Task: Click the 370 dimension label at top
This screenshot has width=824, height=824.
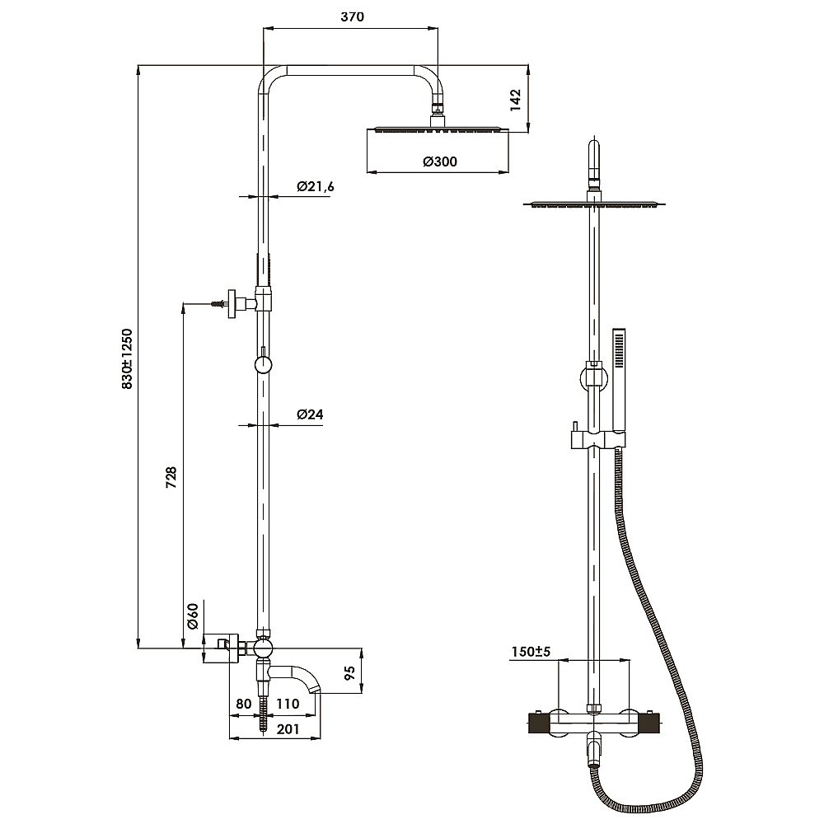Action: (352, 16)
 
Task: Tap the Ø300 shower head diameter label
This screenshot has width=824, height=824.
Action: (440, 162)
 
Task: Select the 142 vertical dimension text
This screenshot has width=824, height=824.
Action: (516, 100)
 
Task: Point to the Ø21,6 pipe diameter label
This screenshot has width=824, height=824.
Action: (316, 186)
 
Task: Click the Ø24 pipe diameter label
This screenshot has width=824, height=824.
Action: (310, 414)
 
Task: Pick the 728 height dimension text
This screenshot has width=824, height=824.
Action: (171, 478)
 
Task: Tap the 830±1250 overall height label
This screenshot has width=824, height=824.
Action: (127, 358)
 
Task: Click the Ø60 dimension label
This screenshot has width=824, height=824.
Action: (193, 616)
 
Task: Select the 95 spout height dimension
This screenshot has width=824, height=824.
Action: (350, 672)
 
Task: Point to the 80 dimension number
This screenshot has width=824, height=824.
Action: (244, 703)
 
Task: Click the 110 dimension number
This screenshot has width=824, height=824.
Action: (288, 703)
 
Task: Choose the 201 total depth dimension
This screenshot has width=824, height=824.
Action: (288, 729)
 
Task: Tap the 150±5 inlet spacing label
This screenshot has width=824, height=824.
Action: (531, 652)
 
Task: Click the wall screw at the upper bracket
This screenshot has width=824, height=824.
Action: (218, 304)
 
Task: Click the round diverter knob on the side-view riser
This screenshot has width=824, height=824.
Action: (262, 364)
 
